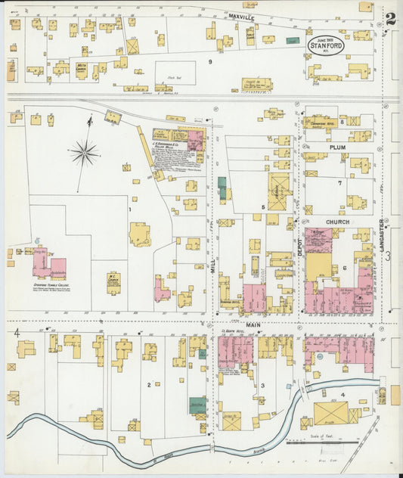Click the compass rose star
pos(85,153)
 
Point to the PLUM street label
pos(337,147)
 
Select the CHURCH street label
pos(337,222)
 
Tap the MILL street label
pos(213,264)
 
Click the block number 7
pos(340,183)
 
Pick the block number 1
pos(129,210)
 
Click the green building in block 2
pos(197,405)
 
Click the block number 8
pos(342,121)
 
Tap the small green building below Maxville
pos(293,40)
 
